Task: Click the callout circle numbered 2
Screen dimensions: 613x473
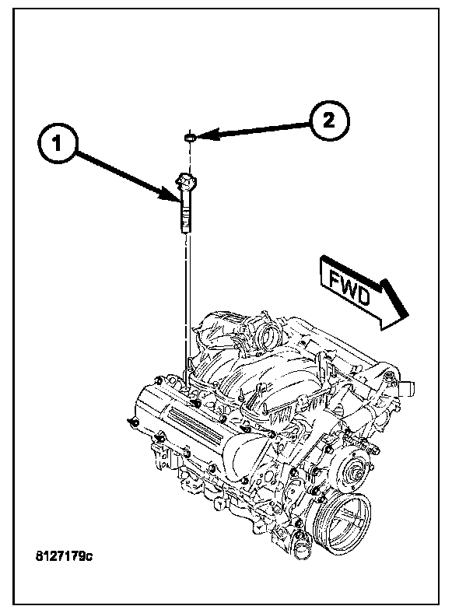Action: (328, 121)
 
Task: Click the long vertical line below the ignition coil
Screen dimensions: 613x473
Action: (187, 296)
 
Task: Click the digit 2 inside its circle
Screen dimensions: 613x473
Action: (328, 121)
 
